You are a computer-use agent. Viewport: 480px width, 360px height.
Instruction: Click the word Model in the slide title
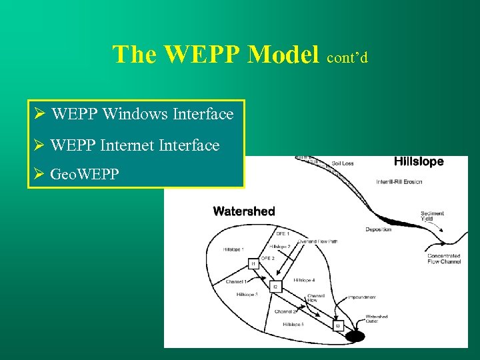tap(283, 54)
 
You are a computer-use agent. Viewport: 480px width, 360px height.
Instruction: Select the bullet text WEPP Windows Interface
tap(142, 114)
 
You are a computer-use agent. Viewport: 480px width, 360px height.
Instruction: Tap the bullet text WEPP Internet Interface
tap(135, 145)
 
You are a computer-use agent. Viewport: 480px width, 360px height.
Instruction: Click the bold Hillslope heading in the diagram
tap(418, 161)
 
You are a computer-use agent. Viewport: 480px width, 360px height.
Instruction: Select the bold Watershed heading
tap(243, 211)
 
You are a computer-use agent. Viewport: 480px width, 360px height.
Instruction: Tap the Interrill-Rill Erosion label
tap(399, 182)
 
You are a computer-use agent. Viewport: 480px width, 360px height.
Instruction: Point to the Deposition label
tap(378, 229)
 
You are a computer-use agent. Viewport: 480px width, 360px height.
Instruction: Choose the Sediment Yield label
tap(432, 217)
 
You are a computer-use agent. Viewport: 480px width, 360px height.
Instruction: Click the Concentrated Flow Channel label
tap(443, 259)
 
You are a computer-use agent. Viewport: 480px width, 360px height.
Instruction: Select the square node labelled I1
tap(253, 264)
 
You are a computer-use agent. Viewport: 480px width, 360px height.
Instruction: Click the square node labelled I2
tap(275, 287)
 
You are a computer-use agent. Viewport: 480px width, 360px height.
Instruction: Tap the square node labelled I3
tap(337, 325)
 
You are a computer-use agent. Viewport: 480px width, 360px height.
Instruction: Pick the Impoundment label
tap(361, 297)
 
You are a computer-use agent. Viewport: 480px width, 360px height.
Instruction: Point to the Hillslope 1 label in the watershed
tap(233, 249)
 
